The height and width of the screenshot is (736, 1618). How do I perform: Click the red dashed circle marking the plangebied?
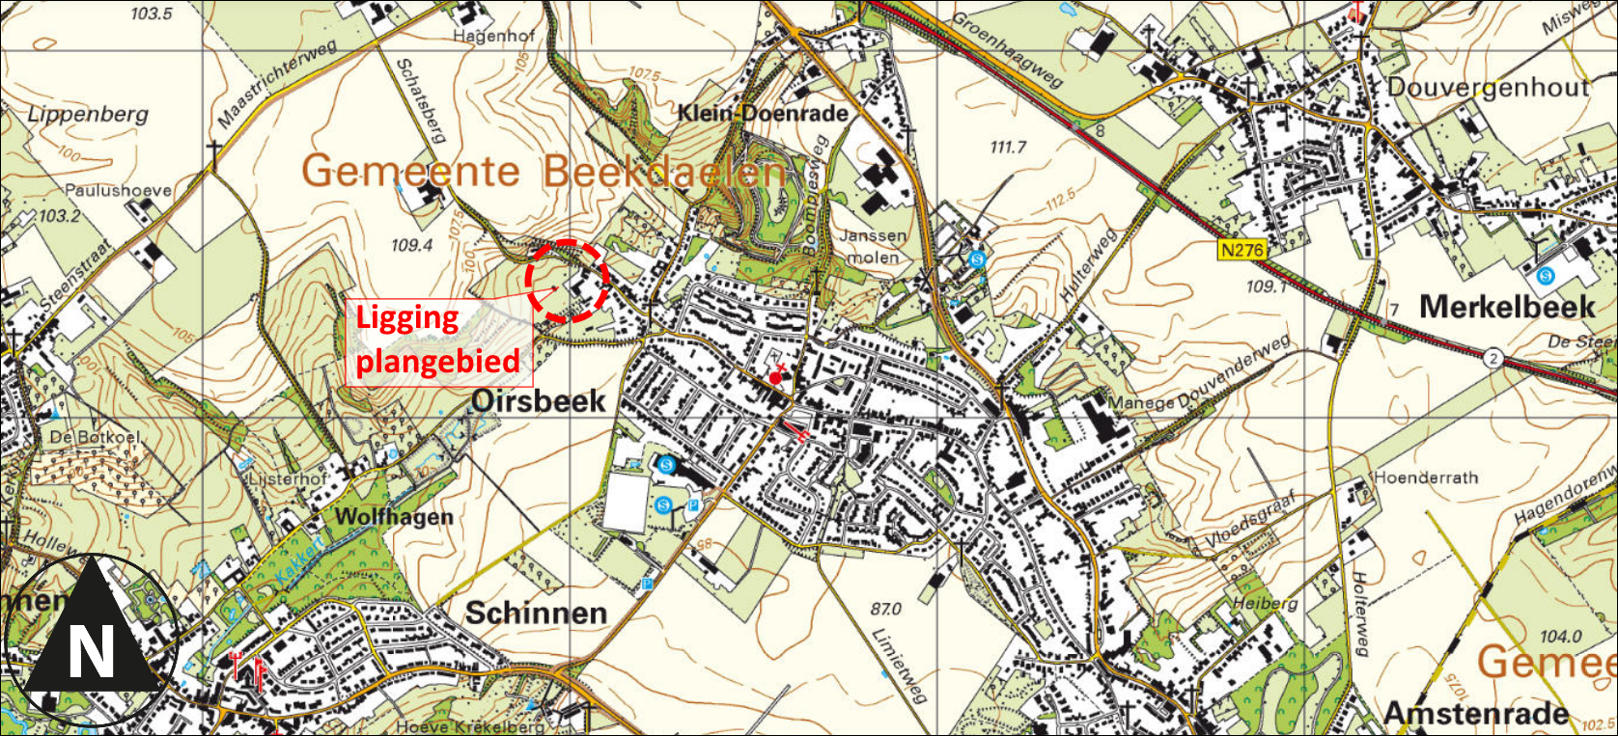[568, 281]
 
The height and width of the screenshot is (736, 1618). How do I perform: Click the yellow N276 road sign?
[1241, 250]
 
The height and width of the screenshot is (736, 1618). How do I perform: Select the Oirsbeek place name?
[539, 400]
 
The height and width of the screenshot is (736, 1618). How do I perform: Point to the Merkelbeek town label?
[1507, 308]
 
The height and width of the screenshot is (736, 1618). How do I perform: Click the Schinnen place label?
[536, 613]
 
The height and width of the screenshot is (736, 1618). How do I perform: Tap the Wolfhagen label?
[393, 517]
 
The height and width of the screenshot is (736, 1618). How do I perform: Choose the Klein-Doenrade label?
[763, 113]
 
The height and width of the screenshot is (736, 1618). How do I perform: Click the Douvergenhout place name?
[1488, 88]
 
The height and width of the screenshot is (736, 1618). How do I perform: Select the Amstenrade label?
[1476, 713]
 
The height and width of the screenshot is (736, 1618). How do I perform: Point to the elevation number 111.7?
[1008, 147]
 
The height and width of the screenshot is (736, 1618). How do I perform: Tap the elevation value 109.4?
[411, 245]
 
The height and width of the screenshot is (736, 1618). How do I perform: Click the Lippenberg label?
[88, 114]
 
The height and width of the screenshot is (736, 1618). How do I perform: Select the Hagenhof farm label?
[493, 36]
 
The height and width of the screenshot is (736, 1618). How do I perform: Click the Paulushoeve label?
[118, 190]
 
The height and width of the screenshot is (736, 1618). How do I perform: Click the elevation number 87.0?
[886, 609]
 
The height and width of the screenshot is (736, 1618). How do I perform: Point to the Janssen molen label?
[874, 246]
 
